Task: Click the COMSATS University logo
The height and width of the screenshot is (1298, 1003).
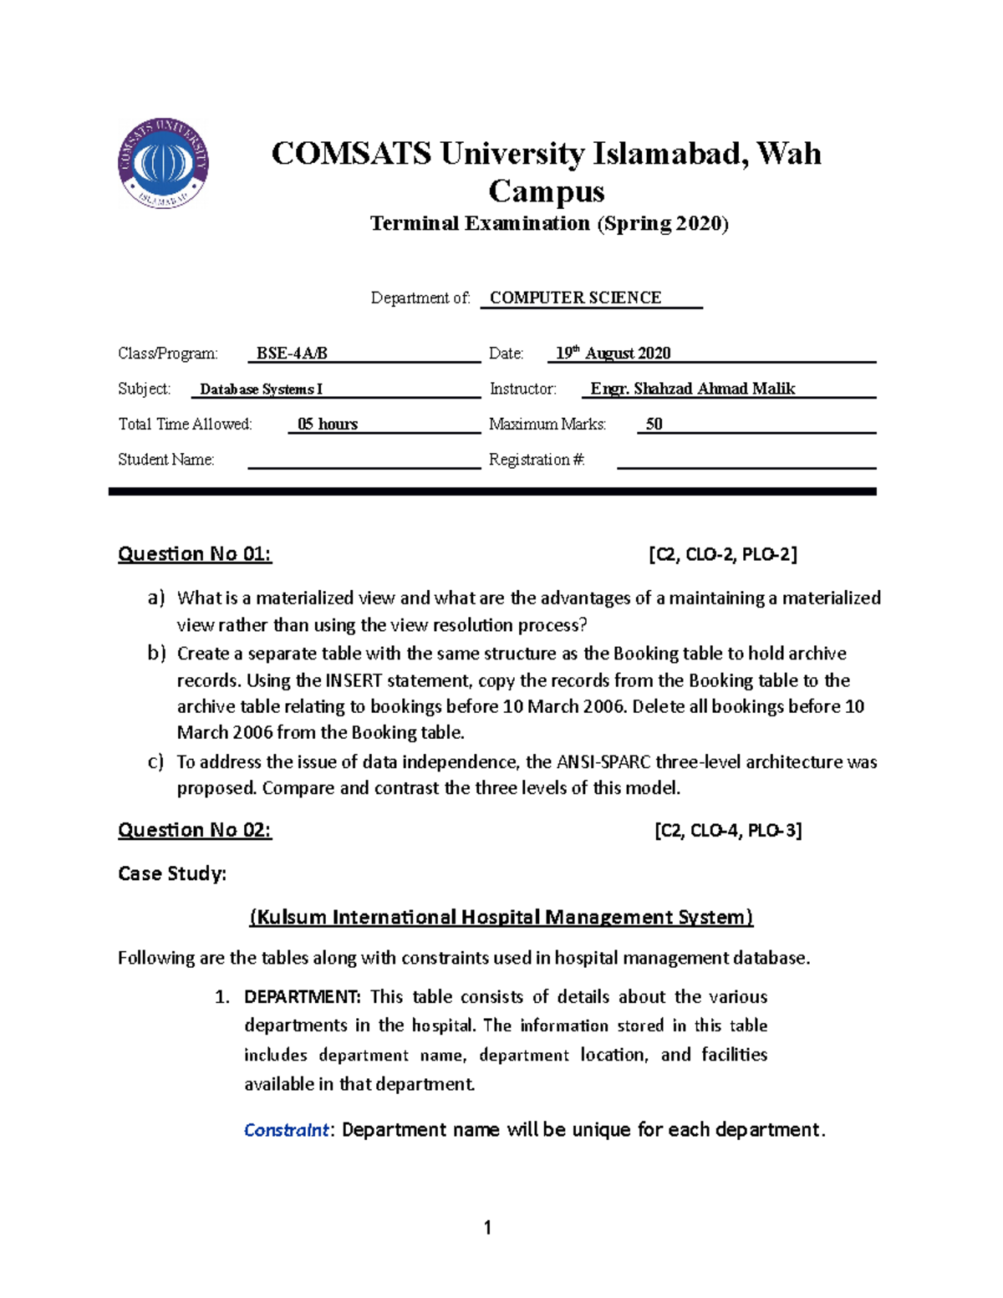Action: click(x=163, y=163)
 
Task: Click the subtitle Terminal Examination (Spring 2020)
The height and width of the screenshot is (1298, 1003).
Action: click(x=549, y=223)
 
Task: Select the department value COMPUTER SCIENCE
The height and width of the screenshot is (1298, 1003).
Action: click(x=575, y=298)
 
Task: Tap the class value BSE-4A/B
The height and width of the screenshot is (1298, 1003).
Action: click(x=292, y=354)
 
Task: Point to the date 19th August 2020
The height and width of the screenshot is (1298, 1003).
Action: click(x=614, y=354)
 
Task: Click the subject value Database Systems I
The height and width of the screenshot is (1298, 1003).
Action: click(x=261, y=389)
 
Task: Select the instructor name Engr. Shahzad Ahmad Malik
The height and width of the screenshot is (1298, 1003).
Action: click(x=692, y=389)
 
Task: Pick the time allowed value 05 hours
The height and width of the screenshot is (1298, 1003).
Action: click(x=328, y=425)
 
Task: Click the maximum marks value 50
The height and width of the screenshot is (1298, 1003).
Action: click(x=654, y=425)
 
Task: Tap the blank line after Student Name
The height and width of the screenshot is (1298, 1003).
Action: click(x=364, y=461)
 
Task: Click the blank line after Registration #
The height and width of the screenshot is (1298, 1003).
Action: click(x=746, y=461)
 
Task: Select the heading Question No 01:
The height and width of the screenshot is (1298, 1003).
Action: click(x=195, y=554)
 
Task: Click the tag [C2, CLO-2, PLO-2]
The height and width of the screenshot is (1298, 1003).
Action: click(x=723, y=554)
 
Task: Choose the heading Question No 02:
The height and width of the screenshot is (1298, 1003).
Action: click(x=195, y=830)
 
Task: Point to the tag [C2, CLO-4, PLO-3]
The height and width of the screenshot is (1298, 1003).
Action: click(x=728, y=830)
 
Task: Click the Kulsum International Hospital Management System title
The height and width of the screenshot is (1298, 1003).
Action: click(x=501, y=918)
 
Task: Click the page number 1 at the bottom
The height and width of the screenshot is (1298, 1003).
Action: click(x=487, y=1228)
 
